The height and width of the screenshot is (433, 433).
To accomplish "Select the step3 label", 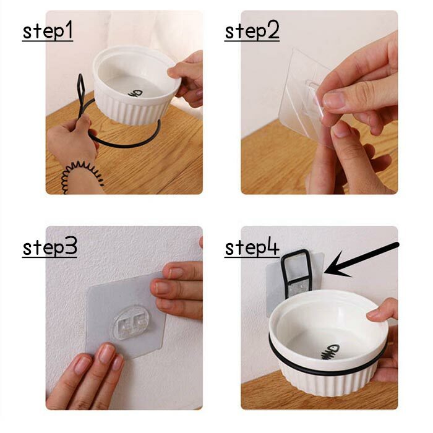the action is click(49, 247).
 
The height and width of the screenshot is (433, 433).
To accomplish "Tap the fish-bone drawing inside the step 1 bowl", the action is click(135, 93).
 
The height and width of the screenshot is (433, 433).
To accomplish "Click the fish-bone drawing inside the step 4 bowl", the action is click(330, 351).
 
